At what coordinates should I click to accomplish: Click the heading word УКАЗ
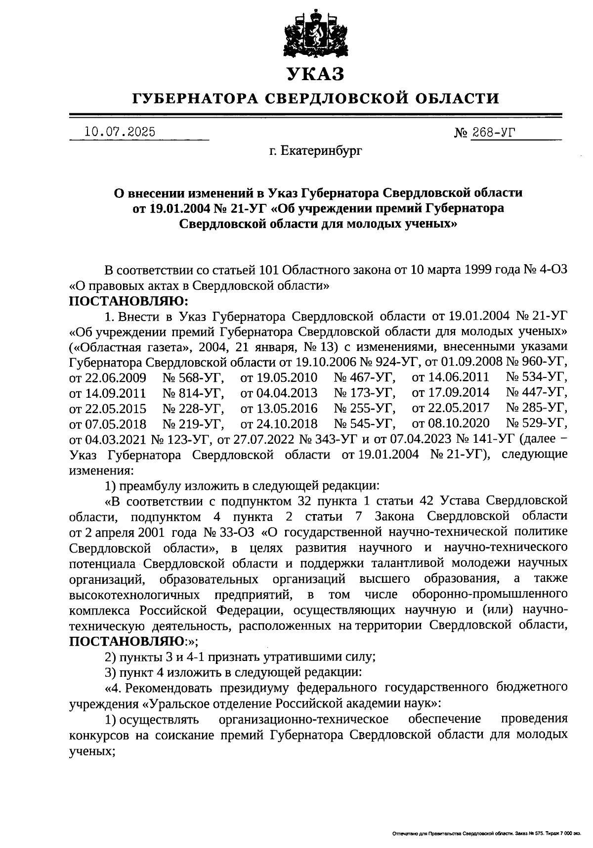[315, 74]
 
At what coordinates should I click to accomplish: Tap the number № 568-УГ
[193, 378]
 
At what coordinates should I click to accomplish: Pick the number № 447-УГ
[537, 393]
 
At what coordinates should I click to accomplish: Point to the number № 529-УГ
[537, 424]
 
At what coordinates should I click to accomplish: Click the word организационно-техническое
[303, 718]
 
